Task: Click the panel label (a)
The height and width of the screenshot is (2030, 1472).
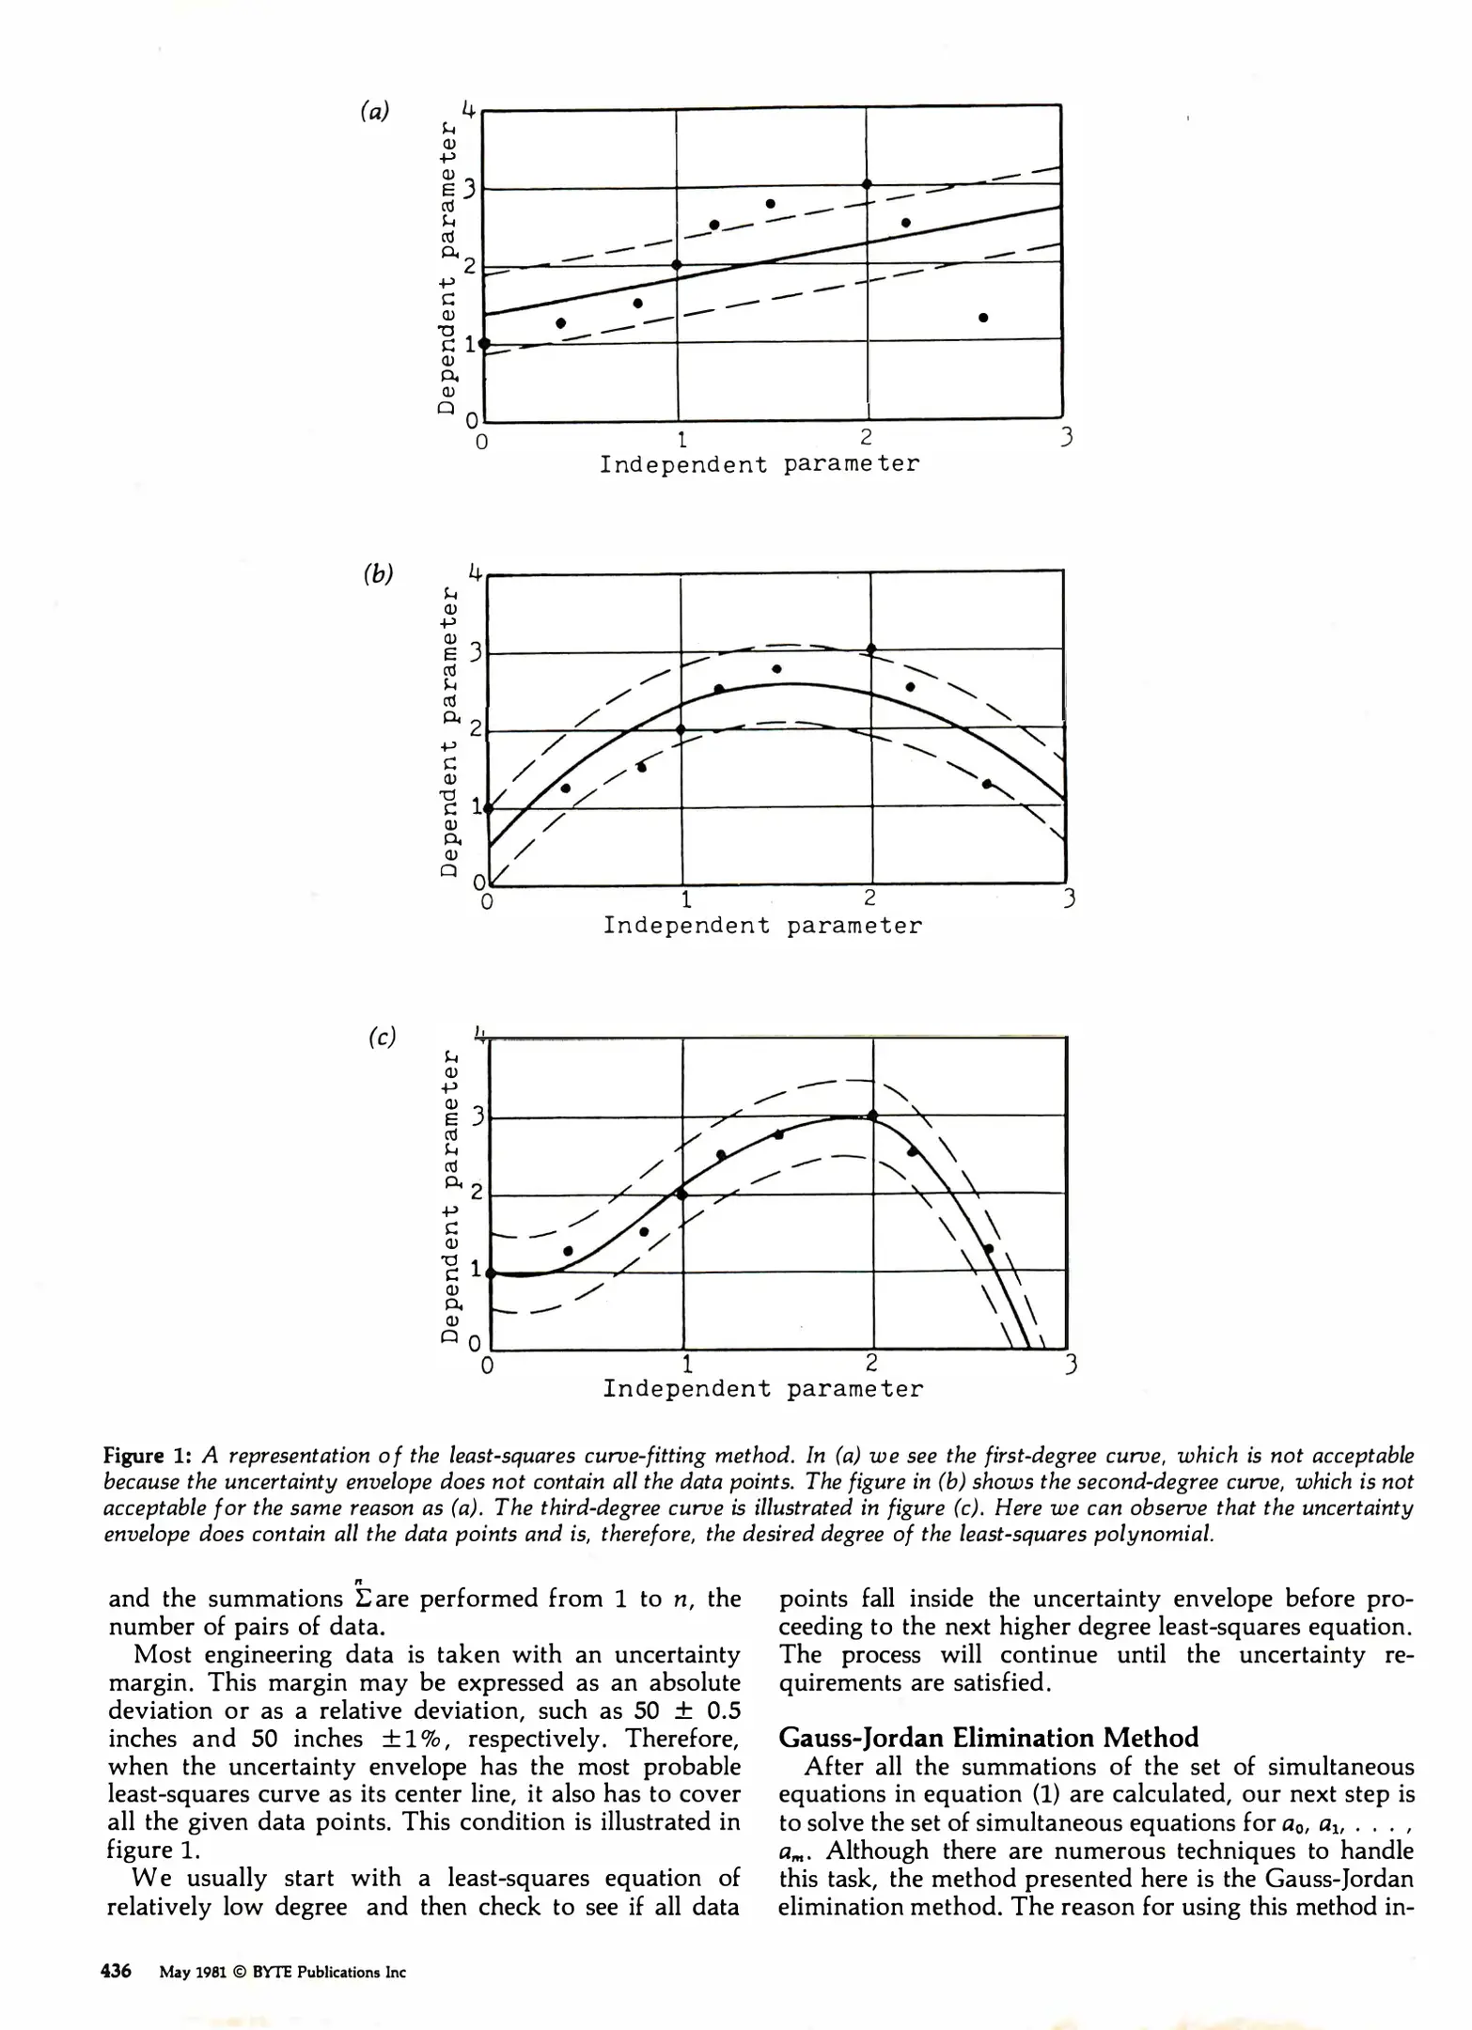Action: pyautogui.click(x=374, y=111)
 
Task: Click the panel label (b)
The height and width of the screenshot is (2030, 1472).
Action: pyautogui.click(x=378, y=573)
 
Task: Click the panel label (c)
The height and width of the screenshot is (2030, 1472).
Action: pyautogui.click(x=382, y=1037)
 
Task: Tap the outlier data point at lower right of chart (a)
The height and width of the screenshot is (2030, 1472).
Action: pyautogui.click(x=983, y=318)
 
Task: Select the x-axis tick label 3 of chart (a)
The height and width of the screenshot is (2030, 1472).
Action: pyautogui.click(x=1066, y=438)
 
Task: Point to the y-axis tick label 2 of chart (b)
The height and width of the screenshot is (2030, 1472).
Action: pyautogui.click(x=476, y=729)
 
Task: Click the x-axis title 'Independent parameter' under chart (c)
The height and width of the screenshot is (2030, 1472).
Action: pyautogui.click(x=763, y=1388)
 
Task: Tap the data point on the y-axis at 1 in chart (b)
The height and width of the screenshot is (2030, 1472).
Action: pyautogui.click(x=488, y=807)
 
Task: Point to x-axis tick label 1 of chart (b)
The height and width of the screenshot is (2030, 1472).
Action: pyautogui.click(x=686, y=899)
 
